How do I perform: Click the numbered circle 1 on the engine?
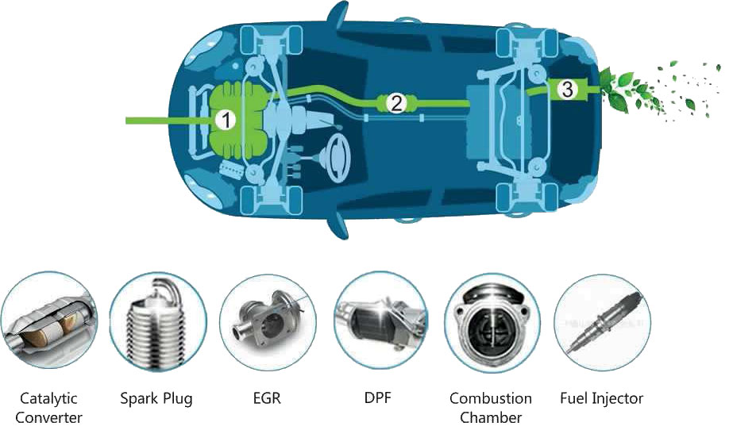(x=226, y=121)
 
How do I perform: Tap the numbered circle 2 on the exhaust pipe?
(x=396, y=102)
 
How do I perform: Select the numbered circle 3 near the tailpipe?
(x=566, y=90)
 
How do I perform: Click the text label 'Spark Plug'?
(x=156, y=398)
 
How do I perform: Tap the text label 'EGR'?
(x=268, y=398)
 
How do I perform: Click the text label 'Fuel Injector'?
(x=601, y=398)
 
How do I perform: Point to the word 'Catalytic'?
(x=48, y=398)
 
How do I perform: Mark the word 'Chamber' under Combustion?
(x=490, y=417)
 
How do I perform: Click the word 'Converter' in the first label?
(x=48, y=417)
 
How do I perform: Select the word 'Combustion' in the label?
(x=490, y=398)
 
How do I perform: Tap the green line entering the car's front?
(x=159, y=121)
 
